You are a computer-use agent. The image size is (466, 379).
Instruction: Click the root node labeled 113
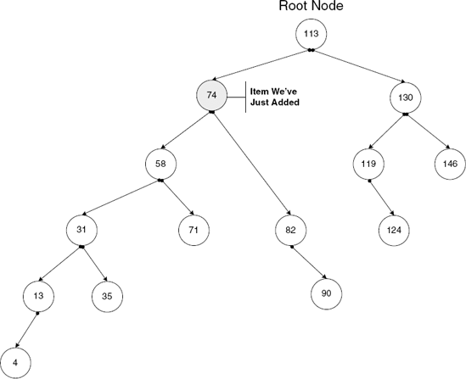tap(311, 35)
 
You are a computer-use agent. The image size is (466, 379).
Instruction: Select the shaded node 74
tap(211, 96)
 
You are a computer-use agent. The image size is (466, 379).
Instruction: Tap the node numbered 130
tap(405, 97)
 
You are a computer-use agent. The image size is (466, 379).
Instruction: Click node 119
tap(368, 163)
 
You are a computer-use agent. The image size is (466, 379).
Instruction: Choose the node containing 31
tap(81, 229)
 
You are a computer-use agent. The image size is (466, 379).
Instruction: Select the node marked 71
tap(194, 229)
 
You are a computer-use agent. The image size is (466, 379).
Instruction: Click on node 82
tap(290, 229)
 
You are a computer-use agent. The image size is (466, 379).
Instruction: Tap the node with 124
tap(394, 229)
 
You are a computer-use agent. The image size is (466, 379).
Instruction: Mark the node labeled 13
tap(38, 295)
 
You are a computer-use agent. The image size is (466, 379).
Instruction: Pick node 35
tap(107, 296)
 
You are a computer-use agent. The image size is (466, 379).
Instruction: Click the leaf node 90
tap(326, 294)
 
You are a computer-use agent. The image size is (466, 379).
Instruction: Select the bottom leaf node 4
tap(15, 362)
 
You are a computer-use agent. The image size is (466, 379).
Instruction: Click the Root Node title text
tap(311, 8)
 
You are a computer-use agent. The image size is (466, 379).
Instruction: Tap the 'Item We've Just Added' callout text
tap(275, 96)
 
